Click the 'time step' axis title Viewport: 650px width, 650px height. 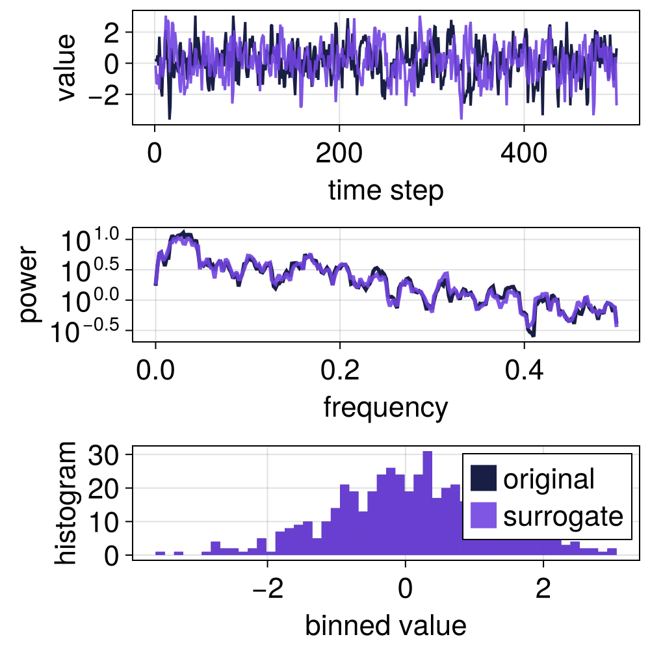(386, 191)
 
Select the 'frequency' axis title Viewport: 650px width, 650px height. (385, 408)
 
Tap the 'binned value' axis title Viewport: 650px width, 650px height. (385, 625)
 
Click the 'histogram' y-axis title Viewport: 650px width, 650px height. (65, 502)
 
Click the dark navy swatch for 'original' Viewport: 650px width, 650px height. (483, 479)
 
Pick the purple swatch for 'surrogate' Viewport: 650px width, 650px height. (483, 516)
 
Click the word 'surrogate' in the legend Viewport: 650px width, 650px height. (563, 517)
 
